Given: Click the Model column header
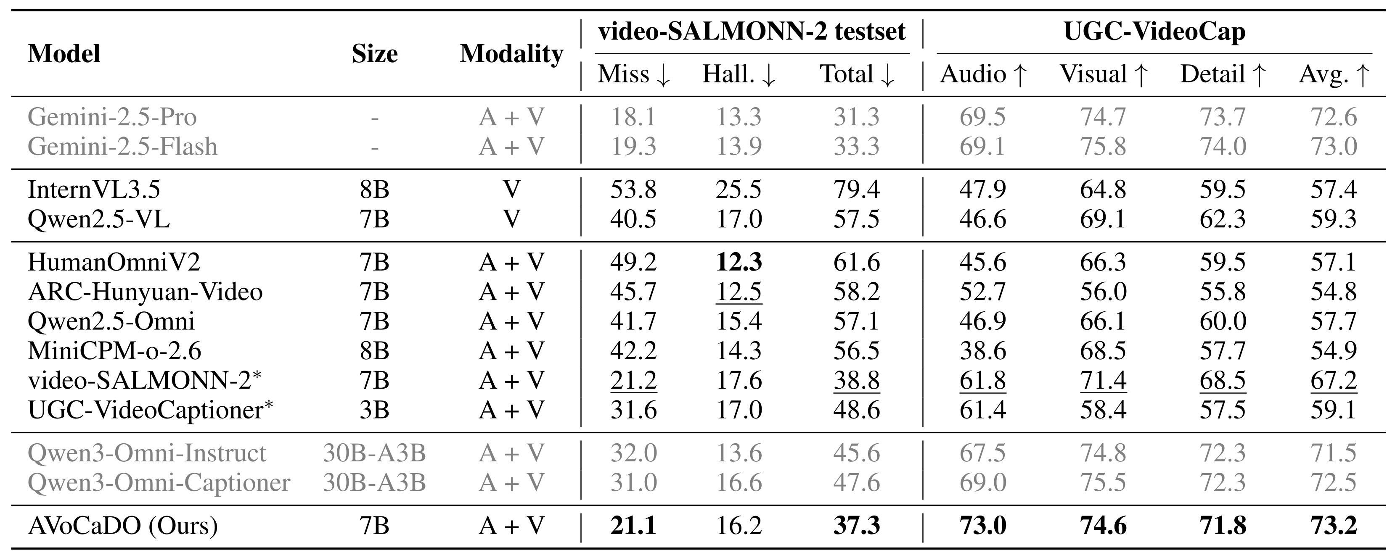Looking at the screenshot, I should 64,54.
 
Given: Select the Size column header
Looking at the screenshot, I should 374,54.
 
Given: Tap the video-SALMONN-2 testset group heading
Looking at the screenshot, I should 752,32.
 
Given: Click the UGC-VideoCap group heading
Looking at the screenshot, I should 1154,32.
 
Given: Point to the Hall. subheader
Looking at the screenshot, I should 739,74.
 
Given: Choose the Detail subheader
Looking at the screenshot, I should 1222,74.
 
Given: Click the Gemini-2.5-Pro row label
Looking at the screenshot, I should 112,117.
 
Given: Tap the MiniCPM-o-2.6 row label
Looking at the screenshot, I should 114,351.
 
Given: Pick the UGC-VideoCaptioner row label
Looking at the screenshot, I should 150,410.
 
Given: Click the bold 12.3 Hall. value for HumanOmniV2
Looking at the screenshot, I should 739,262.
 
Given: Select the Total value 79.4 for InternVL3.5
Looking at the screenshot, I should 856,190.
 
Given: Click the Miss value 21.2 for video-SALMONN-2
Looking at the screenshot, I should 633,381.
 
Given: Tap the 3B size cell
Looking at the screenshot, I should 374,410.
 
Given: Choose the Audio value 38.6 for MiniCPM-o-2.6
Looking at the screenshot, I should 982,351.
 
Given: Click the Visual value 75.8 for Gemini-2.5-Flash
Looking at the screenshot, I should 1103,147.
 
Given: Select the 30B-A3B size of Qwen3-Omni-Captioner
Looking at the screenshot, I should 374,482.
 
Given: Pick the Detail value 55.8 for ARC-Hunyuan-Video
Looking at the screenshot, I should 1222,292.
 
